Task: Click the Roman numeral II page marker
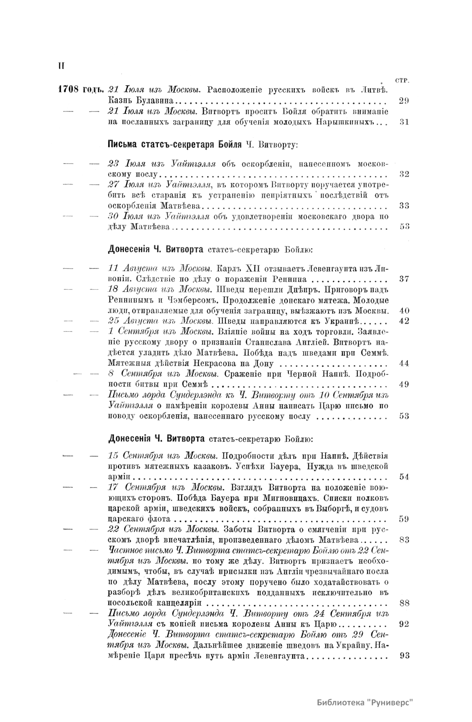(61, 65)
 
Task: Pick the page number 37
(404, 279)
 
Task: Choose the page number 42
(404, 321)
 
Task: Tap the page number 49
(404, 384)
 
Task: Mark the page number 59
(404, 519)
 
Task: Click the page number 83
(404, 540)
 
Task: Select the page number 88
(404, 603)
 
